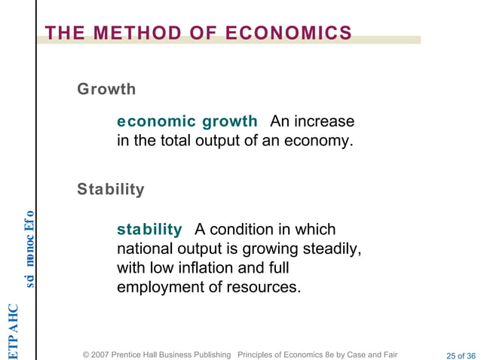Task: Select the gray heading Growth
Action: tap(106, 90)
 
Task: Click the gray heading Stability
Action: tap(110, 189)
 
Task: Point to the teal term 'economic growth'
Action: tap(187, 121)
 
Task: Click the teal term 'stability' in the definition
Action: tap(149, 229)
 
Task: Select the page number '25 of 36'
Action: tap(461, 355)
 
